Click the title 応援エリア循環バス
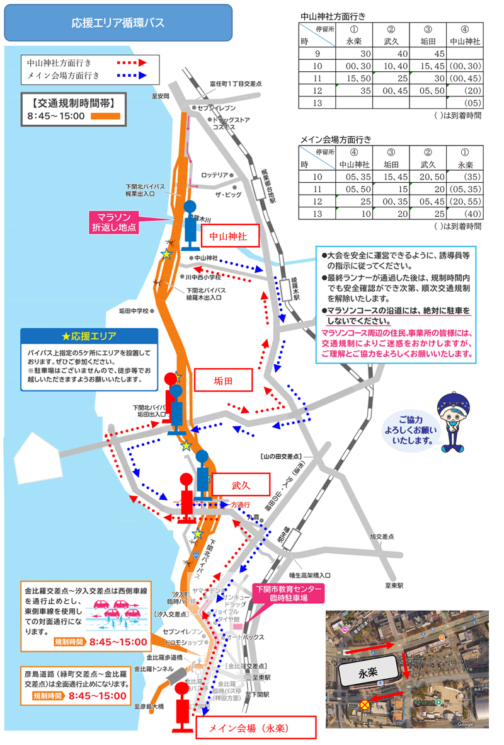[118, 23]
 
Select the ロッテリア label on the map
[214, 175]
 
